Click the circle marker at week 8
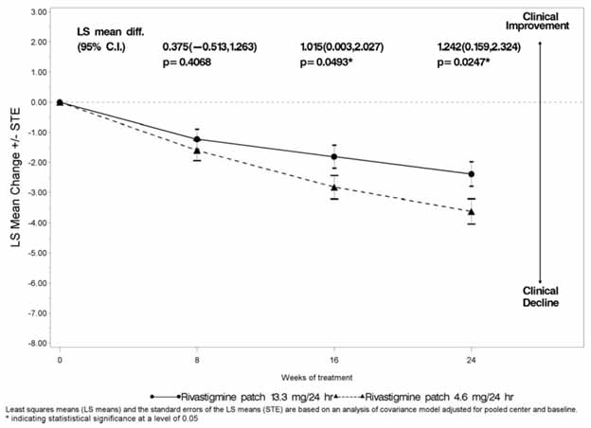point(197,139)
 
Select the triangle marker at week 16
point(334,187)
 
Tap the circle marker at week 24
point(472,174)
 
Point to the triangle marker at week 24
point(472,211)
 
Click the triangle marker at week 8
point(197,151)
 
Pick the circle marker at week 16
point(334,156)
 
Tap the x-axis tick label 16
point(334,361)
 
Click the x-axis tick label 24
point(472,361)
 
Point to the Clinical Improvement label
point(539,22)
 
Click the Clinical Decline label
point(541,296)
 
